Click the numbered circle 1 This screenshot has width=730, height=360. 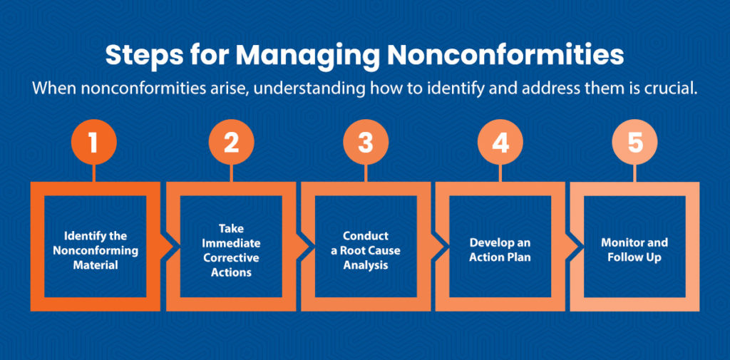point(94,142)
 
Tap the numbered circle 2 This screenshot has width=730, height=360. point(230,142)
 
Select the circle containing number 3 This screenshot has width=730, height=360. point(365,142)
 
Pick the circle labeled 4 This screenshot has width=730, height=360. point(500,142)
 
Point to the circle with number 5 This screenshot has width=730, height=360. point(634,142)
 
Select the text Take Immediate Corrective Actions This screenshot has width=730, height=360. point(231,250)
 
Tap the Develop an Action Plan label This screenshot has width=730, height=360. point(500,250)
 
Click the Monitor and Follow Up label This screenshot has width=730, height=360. point(634,250)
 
